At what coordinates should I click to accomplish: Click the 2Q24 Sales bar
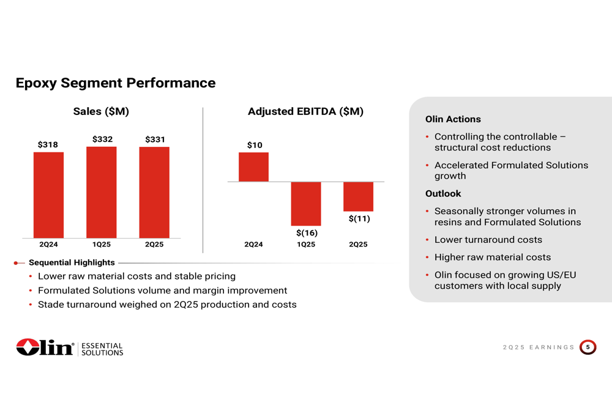click(x=48, y=195)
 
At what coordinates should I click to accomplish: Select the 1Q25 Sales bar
click(x=102, y=192)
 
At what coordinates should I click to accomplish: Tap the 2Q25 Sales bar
click(x=154, y=192)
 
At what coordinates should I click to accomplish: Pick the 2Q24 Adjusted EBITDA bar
click(x=253, y=167)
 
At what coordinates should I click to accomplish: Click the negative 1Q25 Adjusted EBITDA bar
click(x=306, y=204)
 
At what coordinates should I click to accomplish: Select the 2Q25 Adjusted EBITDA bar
click(x=358, y=196)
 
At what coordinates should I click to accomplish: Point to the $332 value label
click(x=102, y=139)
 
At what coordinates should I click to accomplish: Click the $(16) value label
click(x=307, y=233)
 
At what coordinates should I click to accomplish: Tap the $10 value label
click(x=255, y=145)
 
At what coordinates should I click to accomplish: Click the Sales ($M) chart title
click(x=101, y=111)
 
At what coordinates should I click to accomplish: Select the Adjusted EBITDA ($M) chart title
click(x=305, y=111)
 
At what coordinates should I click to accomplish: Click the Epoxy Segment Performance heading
click(x=116, y=83)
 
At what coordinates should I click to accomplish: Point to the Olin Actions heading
click(x=453, y=119)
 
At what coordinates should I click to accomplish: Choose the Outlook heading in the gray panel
click(x=443, y=193)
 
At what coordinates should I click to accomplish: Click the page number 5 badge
click(x=588, y=347)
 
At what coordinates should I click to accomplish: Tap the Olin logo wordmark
click(x=46, y=347)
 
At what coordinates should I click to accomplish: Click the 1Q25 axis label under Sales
click(x=102, y=245)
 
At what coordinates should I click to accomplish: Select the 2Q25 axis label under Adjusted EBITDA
click(x=358, y=245)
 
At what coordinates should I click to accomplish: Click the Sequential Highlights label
click(x=72, y=262)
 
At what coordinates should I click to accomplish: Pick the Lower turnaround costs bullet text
click(x=488, y=240)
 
